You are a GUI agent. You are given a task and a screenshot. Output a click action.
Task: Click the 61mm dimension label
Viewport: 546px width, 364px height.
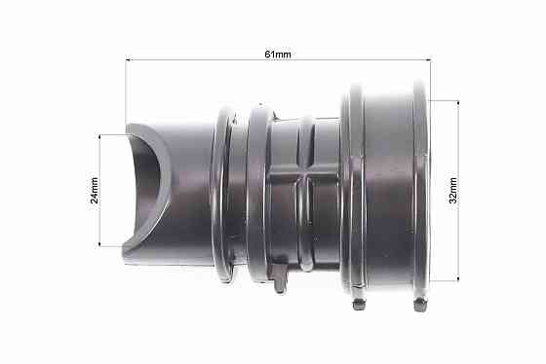tap(278, 55)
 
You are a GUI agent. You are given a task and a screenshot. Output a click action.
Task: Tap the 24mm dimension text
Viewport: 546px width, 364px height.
tap(94, 190)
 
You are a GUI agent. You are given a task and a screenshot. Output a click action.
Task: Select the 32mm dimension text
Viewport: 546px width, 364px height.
tap(452, 190)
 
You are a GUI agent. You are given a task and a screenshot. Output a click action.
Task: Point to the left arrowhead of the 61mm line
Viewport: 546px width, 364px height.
tap(128, 60)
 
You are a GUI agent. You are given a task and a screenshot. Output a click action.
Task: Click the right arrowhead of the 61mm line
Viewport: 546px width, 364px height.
tap(429, 60)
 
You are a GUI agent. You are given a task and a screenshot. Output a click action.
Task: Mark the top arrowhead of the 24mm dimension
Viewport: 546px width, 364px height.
tap(99, 136)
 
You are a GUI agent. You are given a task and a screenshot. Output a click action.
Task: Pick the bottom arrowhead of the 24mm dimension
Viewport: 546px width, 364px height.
tap(99, 244)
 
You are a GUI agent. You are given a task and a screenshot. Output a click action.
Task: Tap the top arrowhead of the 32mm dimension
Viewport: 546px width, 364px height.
tap(458, 103)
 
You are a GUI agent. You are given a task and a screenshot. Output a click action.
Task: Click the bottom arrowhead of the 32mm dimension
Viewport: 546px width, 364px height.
tap(458, 278)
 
